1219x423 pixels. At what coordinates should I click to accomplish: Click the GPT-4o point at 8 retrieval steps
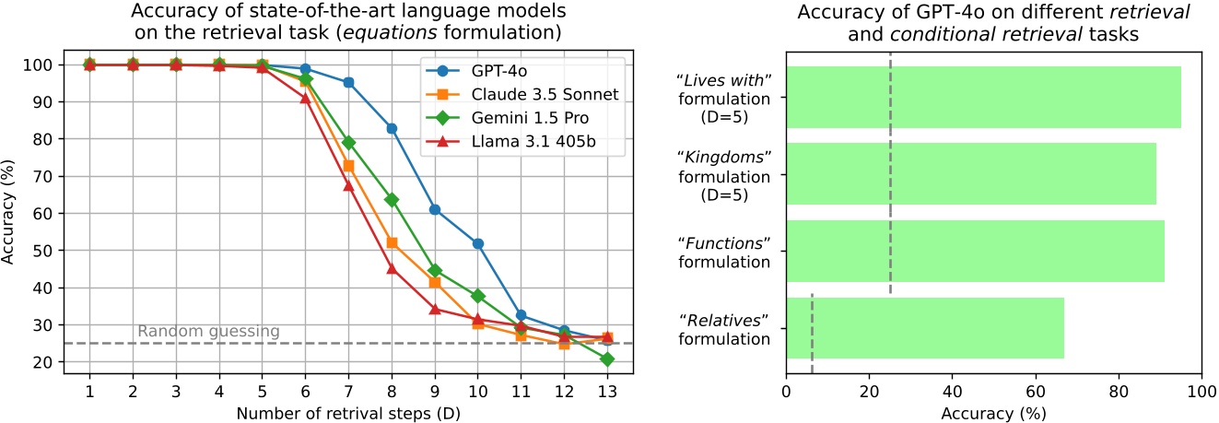[x=392, y=128]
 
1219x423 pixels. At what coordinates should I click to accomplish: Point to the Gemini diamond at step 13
[x=607, y=358]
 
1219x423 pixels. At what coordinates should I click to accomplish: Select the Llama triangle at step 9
[x=435, y=309]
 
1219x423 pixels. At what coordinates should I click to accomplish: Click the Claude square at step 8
[x=392, y=242]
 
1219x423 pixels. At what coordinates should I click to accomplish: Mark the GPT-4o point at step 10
[x=478, y=243]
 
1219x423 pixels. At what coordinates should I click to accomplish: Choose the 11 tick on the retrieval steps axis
[x=521, y=391]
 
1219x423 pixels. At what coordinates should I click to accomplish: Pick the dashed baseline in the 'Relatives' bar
[x=812, y=328]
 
